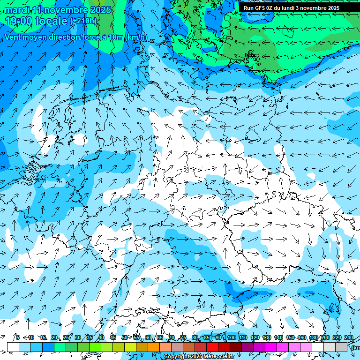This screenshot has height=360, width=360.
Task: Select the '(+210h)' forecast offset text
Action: [83, 21]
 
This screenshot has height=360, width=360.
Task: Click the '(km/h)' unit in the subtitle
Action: [136, 37]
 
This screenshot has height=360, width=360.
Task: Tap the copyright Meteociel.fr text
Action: [199, 357]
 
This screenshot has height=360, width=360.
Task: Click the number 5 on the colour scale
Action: [18, 337]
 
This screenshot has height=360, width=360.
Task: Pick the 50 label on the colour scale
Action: [124, 337]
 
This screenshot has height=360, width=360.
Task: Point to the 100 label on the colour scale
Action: [231, 337]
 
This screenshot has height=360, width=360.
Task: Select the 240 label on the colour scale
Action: [348, 337]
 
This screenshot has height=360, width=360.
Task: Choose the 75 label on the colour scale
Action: [183, 337]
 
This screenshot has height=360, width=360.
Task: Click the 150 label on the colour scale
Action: [290, 337]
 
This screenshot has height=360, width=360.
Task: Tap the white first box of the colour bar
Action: [13, 347]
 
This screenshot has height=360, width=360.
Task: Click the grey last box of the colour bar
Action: [342, 347]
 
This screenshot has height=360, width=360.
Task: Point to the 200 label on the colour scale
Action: [325, 337]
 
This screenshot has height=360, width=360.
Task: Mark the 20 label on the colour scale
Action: [54, 337]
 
